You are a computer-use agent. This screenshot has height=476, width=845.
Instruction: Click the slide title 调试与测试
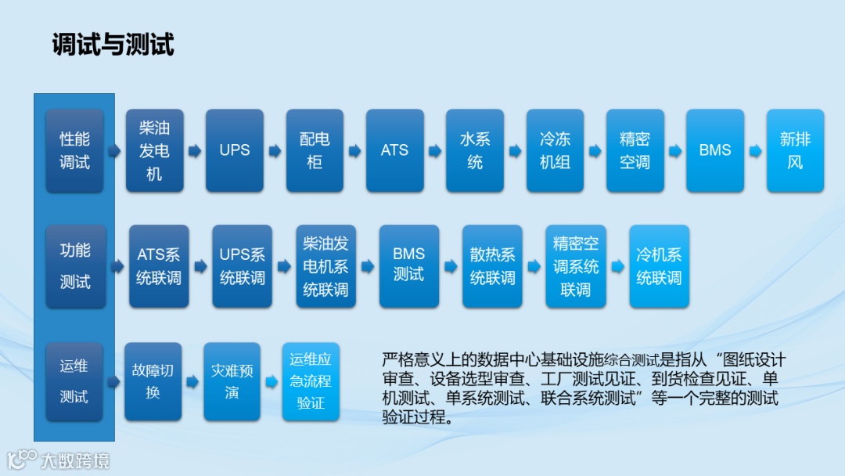(x=113, y=45)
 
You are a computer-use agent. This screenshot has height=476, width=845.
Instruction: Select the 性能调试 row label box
(x=75, y=150)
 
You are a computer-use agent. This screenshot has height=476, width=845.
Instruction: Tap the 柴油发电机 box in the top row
(x=155, y=150)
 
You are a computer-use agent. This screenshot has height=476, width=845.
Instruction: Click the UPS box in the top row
(x=235, y=150)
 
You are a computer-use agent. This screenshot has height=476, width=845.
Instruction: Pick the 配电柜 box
(x=315, y=150)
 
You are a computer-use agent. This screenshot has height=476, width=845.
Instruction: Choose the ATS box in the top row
(x=395, y=150)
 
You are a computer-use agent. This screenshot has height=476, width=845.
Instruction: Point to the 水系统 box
(x=475, y=150)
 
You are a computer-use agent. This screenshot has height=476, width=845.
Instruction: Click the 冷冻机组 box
(x=555, y=150)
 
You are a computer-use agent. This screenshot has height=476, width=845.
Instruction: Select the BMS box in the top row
(x=715, y=150)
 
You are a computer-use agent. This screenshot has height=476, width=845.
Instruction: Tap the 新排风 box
(x=795, y=150)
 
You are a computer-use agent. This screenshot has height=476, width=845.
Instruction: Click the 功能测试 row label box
(x=75, y=266)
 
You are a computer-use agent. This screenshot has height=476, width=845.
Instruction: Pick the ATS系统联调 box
(x=159, y=266)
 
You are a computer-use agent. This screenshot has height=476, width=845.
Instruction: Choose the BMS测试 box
(x=409, y=266)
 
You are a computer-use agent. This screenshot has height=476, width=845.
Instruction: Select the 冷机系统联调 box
(x=660, y=266)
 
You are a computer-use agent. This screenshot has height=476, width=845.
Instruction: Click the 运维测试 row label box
(x=74, y=381)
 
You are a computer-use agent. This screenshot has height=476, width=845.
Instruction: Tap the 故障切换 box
(x=153, y=381)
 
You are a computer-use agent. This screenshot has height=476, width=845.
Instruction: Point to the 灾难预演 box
(x=232, y=381)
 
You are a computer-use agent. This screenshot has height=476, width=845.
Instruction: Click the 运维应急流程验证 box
(x=311, y=381)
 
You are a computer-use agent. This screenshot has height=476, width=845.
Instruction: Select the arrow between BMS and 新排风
(x=755, y=151)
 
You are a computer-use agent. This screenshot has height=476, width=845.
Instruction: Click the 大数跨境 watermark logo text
(x=75, y=460)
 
